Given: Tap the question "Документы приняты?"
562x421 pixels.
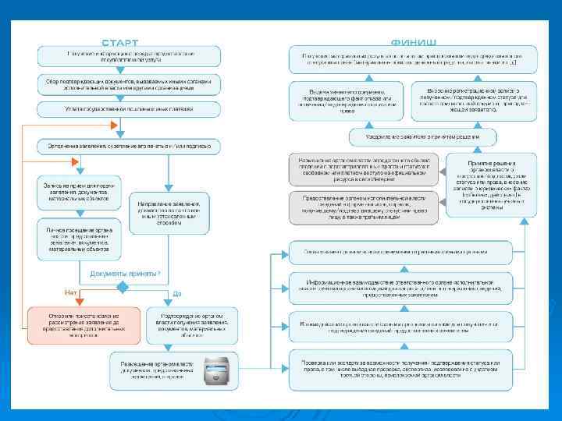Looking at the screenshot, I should tap(125, 274).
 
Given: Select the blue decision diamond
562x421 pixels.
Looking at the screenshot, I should tap(122, 287).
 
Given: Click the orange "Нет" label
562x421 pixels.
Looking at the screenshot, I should tap(71, 293).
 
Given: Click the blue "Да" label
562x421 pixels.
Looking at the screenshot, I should tap(177, 293).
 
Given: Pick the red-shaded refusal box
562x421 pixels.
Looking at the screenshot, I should tap(84, 324).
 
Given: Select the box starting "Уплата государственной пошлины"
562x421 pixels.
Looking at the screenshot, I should tap(129, 108).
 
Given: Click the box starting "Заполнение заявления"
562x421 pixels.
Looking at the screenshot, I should tap(129, 146).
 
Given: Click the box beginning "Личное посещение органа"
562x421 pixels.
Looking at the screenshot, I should tap(80, 239).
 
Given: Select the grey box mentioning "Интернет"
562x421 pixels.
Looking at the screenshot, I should tap(364, 169).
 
